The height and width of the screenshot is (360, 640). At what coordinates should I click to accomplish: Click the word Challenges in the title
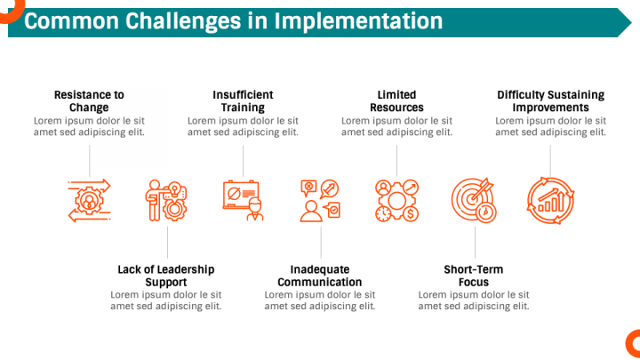(x=183, y=21)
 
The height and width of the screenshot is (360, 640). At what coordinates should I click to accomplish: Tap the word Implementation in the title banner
(x=358, y=20)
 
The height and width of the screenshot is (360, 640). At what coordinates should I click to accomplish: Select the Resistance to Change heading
(x=89, y=100)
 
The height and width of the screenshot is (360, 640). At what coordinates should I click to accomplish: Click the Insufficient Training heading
(x=243, y=100)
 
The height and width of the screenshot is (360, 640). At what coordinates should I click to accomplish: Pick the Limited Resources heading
(x=396, y=100)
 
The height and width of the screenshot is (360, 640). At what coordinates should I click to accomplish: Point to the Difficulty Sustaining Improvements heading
(x=550, y=100)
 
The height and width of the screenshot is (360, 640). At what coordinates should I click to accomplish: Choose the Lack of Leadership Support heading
(x=166, y=276)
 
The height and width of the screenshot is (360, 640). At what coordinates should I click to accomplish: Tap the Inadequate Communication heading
(x=320, y=276)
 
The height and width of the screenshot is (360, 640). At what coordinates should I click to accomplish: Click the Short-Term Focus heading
(x=474, y=276)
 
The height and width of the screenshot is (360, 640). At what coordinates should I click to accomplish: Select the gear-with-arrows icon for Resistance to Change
(x=90, y=200)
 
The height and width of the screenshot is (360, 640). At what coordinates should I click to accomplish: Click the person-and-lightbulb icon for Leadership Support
(x=166, y=200)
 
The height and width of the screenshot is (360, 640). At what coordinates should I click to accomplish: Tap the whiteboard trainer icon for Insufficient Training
(x=243, y=200)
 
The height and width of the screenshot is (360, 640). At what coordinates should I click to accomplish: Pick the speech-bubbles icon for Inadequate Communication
(x=320, y=200)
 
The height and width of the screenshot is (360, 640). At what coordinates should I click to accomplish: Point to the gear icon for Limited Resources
(x=396, y=200)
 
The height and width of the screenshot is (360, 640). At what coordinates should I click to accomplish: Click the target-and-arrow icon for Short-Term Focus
(x=474, y=200)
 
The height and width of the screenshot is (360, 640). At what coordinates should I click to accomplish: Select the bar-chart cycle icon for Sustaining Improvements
(x=550, y=200)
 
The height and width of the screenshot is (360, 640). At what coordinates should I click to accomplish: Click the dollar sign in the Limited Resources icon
(x=410, y=214)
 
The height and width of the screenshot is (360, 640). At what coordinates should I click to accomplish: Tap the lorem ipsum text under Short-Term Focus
(x=474, y=300)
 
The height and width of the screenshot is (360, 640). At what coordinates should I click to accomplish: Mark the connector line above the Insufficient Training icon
(x=243, y=161)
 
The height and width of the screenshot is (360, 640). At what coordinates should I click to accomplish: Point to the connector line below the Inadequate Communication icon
(x=321, y=243)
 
